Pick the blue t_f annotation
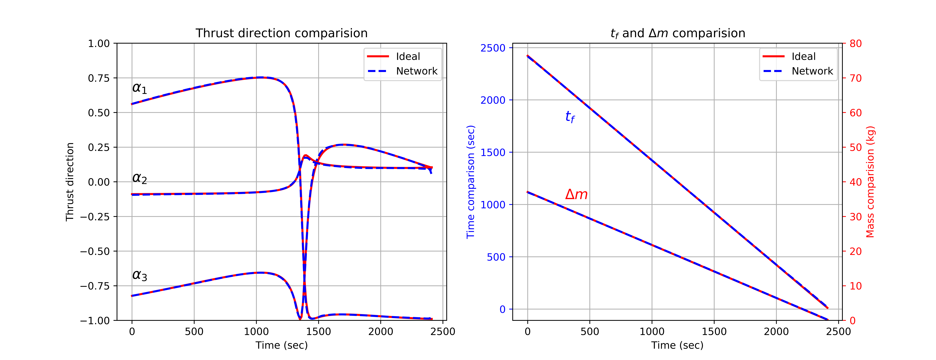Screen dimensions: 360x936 click(570, 117)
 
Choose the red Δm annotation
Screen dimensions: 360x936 click(576, 194)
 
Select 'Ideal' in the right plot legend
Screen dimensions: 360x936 click(803, 57)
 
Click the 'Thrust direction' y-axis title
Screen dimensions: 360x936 click(69, 182)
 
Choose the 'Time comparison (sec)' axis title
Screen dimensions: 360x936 click(470, 182)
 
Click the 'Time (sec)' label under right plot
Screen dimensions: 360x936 click(677, 345)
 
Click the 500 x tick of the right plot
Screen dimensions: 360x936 click(589, 331)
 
